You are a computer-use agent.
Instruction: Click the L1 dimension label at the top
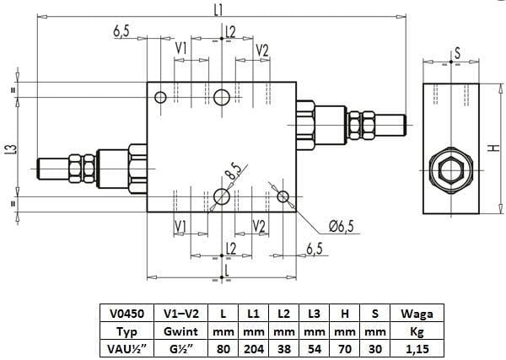click(x=218, y=10)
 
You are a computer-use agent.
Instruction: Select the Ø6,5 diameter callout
click(x=342, y=226)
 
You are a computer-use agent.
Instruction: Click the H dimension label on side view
click(x=493, y=148)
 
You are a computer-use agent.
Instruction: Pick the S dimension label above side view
click(x=457, y=53)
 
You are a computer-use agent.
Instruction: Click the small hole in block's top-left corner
click(x=160, y=97)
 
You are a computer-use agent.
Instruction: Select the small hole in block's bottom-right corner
click(x=283, y=196)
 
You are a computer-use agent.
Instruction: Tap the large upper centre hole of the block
click(x=222, y=97)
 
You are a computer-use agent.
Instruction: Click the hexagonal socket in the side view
click(x=451, y=170)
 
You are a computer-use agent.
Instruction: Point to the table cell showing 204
click(x=254, y=349)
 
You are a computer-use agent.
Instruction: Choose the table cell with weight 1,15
click(x=417, y=349)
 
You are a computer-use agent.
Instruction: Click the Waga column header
click(x=417, y=314)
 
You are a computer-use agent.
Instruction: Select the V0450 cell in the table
click(x=126, y=314)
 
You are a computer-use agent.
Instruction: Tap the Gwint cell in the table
click(x=180, y=331)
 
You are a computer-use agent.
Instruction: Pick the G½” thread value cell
click(x=180, y=349)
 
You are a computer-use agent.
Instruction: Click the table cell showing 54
click(x=314, y=349)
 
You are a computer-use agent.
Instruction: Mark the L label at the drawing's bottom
click(x=227, y=271)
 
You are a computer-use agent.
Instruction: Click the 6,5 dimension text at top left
click(x=121, y=31)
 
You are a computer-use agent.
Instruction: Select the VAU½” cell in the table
click(x=126, y=349)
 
